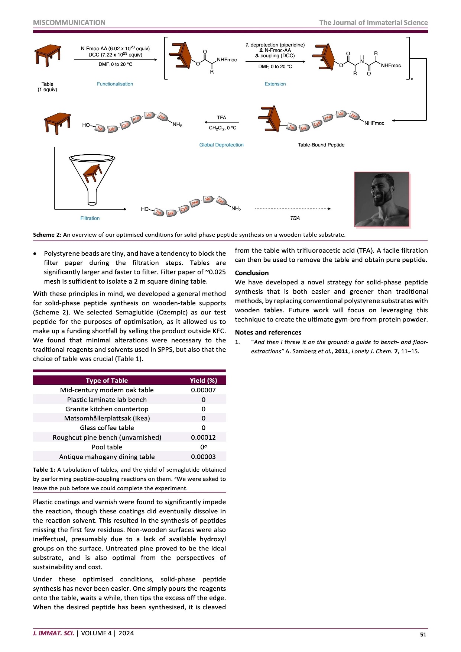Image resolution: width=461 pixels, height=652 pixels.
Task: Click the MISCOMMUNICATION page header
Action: pyautogui.click(x=69, y=23)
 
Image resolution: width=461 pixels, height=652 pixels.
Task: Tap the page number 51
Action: pyautogui.click(x=423, y=635)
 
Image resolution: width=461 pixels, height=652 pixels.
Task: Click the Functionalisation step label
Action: pyautogui.click(x=115, y=84)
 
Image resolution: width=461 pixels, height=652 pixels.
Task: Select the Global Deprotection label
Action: pyautogui.click(x=221, y=145)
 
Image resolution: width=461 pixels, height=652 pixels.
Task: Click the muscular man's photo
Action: pyautogui.click(x=382, y=199)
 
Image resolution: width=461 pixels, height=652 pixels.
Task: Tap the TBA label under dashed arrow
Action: pyautogui.click(x=295, y=219)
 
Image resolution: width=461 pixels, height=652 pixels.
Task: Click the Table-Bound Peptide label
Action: pyautogui.click(x=321, y=145)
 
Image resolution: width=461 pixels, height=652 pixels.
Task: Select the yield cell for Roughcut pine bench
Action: pyautogui.click(x=203, y=438)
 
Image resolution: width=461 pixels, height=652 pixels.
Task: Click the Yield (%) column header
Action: pyautogui.click(x=203, y=380)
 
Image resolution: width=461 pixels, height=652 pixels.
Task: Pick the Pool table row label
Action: pyautogui.click(x=107, y=447)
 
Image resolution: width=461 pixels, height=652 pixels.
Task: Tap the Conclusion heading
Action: pyautogui.click(x=251, y=273)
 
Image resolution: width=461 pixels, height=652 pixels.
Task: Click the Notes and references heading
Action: pyautogui.click(x=268, y=332)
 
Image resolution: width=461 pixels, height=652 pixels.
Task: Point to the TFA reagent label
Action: pyautogui.click(x=221, y=118)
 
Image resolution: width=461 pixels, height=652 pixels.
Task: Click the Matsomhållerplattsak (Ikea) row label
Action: pyautogui.click(x=107, y=419)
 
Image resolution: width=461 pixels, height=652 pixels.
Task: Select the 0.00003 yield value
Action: pyautogui.click(x=203, y=457)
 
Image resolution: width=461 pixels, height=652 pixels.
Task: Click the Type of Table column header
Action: pyautogui.click(x=107, y=380)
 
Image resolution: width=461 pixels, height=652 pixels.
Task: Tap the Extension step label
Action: pyautogui.click(x=275, y=84)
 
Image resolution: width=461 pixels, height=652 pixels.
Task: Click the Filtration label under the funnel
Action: pyautogui.click(x=90, y=219)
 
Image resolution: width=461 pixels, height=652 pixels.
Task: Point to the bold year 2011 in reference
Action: pyautogui.click(x=341, y=351)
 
